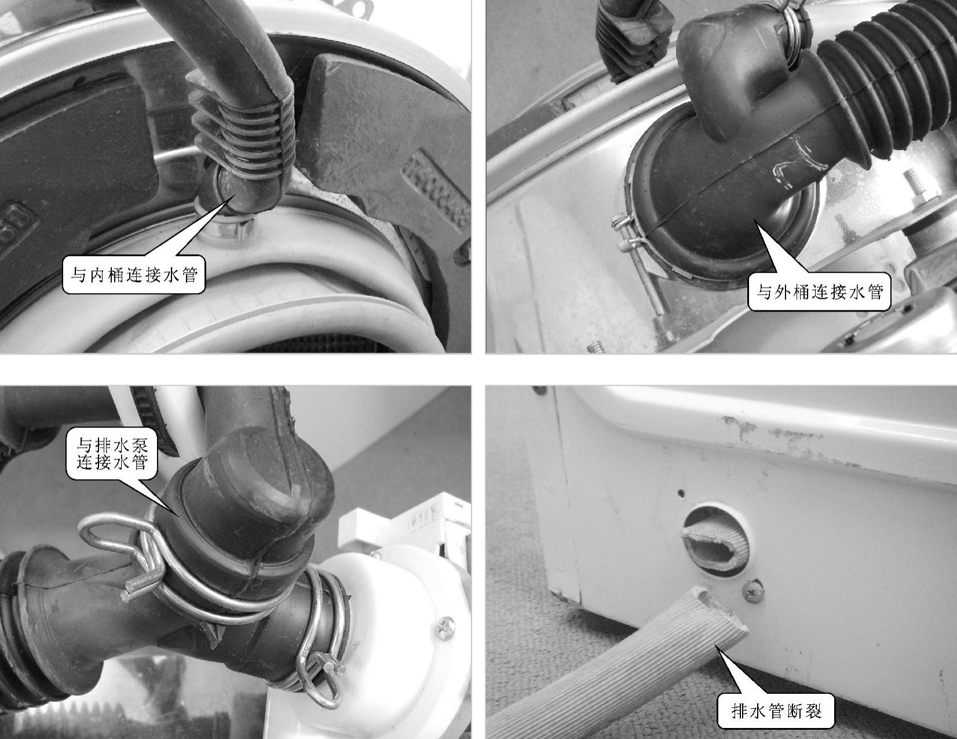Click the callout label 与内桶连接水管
click(134, 275)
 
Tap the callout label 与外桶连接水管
click(820, 292)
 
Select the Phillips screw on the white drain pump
click(445, 628)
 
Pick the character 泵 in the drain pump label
click(138, 445)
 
